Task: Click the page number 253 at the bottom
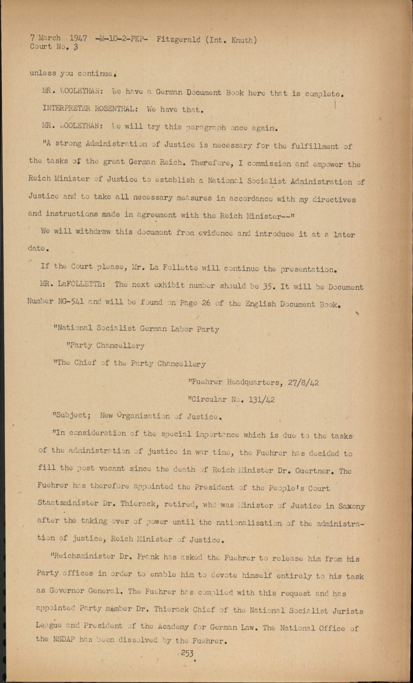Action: [187, 653]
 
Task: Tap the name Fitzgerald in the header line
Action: [178, 40]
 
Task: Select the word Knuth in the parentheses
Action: [242, 41]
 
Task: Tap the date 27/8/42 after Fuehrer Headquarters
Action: [303, 382]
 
